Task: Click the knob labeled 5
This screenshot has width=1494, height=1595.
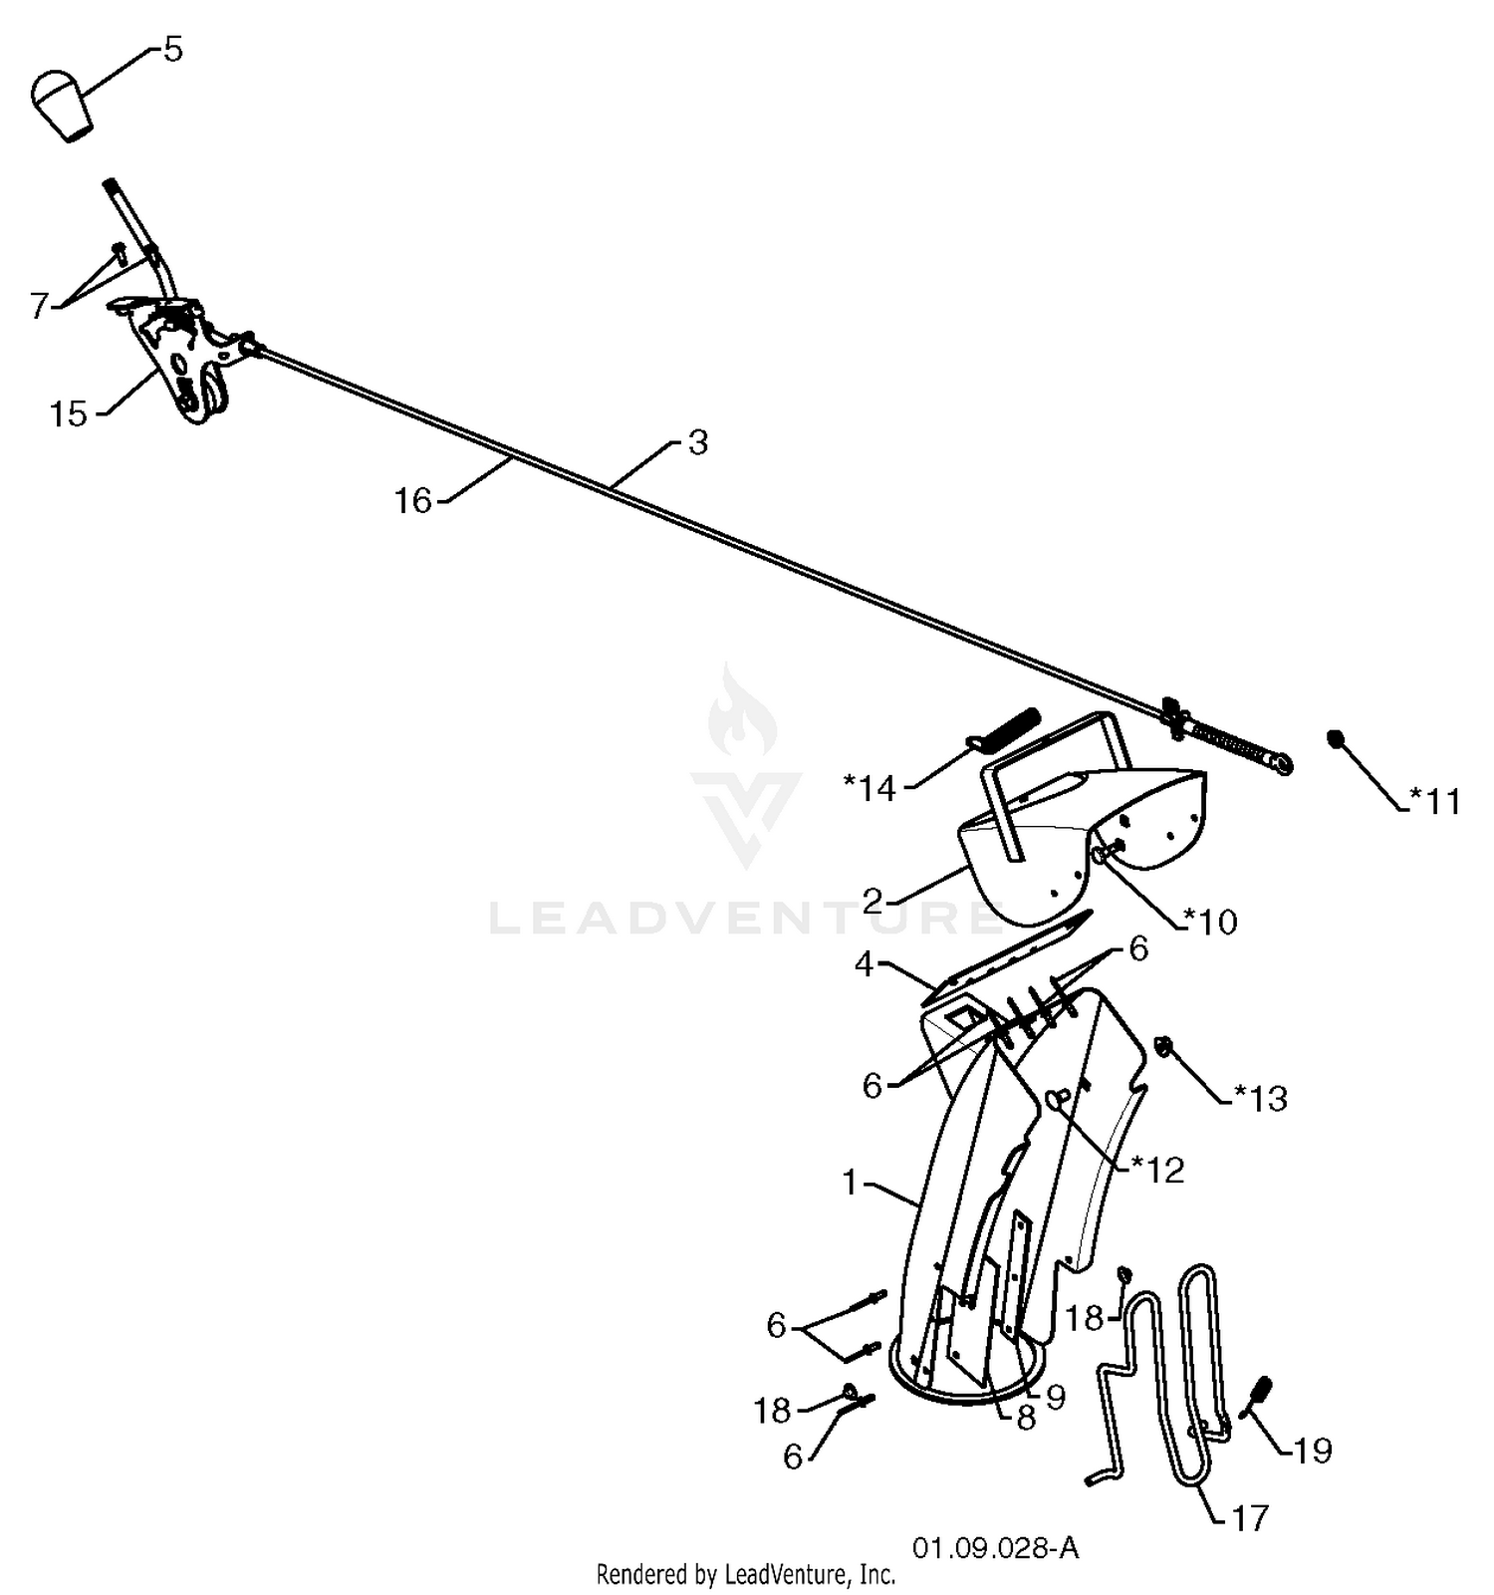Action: [62, 105]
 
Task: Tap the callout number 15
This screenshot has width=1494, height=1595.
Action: [69, 413]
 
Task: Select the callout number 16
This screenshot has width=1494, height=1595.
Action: [413, 500]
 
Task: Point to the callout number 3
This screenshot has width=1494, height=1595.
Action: [698, 442]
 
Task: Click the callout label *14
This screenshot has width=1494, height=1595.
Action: [871, 788]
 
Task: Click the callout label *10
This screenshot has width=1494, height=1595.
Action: [1210, 922]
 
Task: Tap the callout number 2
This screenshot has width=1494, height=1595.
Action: [873, 902]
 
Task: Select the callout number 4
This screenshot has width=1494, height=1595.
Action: [865, 964]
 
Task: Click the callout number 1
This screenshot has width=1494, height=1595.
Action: [850, 1183]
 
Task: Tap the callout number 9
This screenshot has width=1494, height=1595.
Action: [1056, 1397]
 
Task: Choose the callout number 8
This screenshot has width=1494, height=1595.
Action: [1026, 1418]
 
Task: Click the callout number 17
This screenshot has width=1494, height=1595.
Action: [1250, 1517]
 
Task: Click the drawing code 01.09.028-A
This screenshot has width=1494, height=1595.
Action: [995, 1548]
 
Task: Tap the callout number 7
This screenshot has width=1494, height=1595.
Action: [40, 305]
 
